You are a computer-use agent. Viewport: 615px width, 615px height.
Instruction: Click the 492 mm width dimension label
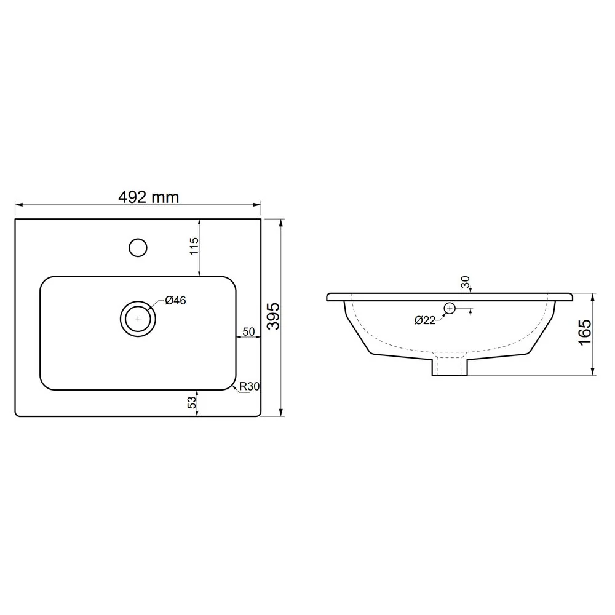[149, 197]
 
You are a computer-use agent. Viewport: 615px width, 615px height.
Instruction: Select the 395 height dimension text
[274, 316]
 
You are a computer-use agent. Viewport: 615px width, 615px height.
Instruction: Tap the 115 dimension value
[194, 247]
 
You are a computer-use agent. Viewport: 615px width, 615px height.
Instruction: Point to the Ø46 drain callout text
[175, 301]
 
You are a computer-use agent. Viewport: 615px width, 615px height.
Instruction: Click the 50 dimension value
[248, 332]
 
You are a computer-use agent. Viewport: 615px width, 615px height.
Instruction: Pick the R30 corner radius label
[250, 386]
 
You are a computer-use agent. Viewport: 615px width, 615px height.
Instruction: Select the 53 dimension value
[192, 402]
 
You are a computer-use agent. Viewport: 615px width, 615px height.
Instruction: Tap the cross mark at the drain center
[138, 319]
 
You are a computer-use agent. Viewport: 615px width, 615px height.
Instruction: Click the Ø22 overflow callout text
[425, 320]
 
